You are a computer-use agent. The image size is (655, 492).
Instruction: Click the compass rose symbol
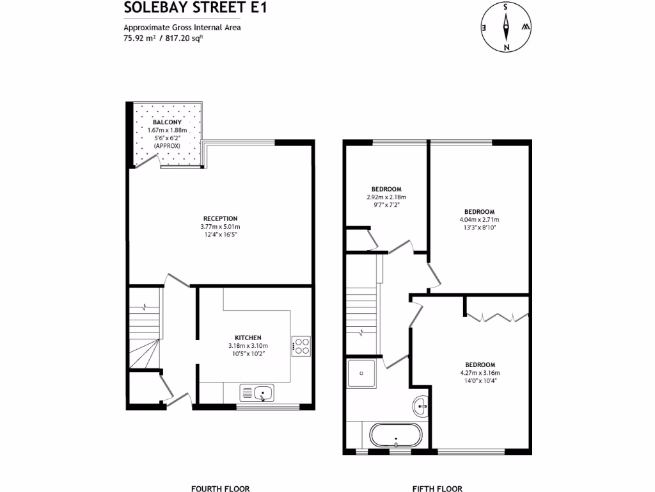(505, 27)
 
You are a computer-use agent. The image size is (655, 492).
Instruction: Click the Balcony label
(166, 122)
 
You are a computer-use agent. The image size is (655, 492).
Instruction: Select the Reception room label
(220, 218)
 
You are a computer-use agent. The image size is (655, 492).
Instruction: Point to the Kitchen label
(248, 338)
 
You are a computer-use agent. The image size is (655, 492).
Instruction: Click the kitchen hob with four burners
(301, 346)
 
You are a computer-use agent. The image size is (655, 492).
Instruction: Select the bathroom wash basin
(422, 404)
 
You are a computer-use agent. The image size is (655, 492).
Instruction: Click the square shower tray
(362, 373)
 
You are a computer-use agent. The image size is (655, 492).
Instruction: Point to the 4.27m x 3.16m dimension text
(480, 372)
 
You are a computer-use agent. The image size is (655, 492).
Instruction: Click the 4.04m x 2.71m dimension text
(479, 220)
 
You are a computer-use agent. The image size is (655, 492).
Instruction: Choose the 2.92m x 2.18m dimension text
(386, 197)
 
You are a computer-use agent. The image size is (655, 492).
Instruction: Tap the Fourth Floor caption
(220, 488)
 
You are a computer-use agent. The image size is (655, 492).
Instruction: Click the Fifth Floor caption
(437, 488)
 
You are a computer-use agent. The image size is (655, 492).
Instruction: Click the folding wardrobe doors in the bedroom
(496, 316)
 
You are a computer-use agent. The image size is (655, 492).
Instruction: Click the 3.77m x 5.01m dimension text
(220, 227)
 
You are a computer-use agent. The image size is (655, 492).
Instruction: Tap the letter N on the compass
(506, 46)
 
